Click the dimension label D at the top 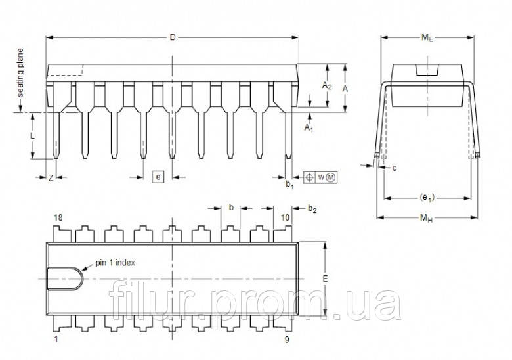(x=173, y=37)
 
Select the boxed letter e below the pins (x=157, y=176)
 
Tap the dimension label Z (x=51, y=179)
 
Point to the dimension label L (x=33, y=135)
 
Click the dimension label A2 (x=326, y=86)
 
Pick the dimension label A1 (x=309, y=127)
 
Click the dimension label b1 (x=289, y=185)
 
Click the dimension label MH (x=427, y=218)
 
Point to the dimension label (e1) (x=427, y=197)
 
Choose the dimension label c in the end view (x=394, y=168)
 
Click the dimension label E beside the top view (x=326, y=279)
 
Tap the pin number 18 (x=58, y=217)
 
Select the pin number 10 (x=286, y=217)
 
